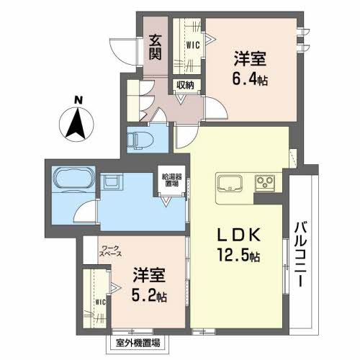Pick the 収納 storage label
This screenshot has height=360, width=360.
pyautogui.click(x=185, y=85)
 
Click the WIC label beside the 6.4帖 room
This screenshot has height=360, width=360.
pyautogui.click(x=193, y=44)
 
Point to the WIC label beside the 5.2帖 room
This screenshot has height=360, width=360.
pyautogui.click(x=100, y=302)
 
